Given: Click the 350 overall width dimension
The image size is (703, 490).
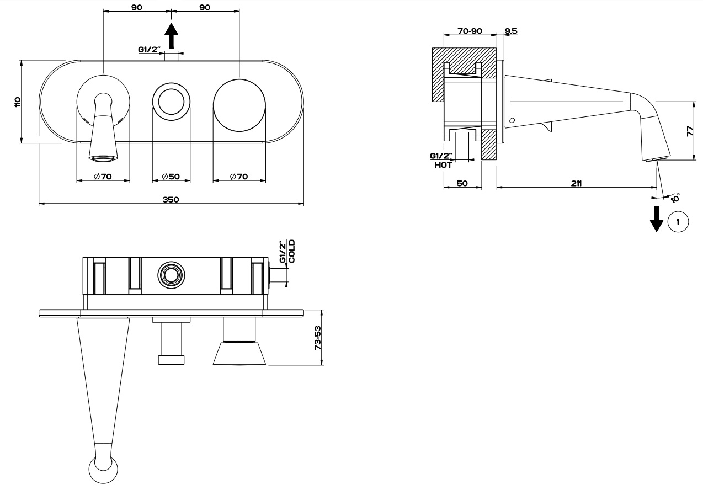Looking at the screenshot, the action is tap(171, 200).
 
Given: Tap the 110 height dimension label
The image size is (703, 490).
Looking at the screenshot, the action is tap(18, 102).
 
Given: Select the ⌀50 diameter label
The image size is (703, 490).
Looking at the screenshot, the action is tap(171, 177).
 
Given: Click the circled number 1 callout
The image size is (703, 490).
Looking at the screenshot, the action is tap(678, 222).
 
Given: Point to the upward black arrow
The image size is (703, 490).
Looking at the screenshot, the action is tap(171, 36).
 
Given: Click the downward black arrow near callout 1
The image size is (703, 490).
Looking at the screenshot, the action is tap(657, 219).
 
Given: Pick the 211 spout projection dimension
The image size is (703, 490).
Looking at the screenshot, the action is tap(576, 183).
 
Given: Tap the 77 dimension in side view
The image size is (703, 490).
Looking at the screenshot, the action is tap(690, 131).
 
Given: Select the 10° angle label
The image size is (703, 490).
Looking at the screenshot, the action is tap(675, 198).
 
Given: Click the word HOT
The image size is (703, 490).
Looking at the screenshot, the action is tap(443, 165).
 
